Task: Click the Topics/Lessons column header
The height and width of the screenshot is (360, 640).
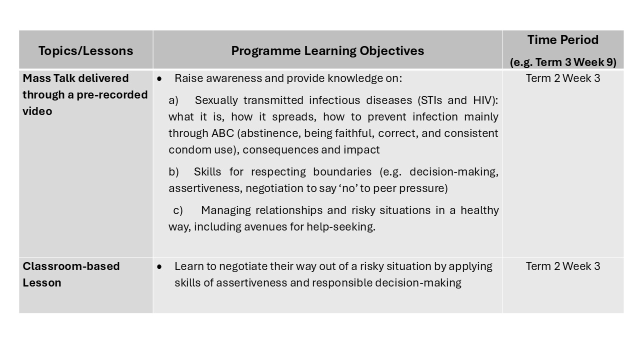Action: point(85,50)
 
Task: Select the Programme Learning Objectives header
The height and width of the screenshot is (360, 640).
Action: point(327,50)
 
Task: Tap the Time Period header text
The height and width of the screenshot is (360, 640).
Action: point(562,40)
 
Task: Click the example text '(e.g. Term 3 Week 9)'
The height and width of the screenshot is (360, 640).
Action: point(563,62)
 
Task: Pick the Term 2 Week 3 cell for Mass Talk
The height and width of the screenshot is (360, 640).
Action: point(563,78)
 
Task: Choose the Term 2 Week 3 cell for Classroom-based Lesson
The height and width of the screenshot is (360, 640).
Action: point(563,266)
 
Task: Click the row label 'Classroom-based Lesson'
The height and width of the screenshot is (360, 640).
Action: point(71,274)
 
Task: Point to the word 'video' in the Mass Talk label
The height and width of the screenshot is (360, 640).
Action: point(37,111)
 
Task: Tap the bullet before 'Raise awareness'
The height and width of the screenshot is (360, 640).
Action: point(159,79)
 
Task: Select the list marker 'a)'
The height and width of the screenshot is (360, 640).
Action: point(173,100)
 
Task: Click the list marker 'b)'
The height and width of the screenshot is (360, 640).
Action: point(173,172)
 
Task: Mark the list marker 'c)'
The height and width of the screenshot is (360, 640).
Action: point(178,210)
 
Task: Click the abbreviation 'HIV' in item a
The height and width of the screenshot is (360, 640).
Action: point(483,100)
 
